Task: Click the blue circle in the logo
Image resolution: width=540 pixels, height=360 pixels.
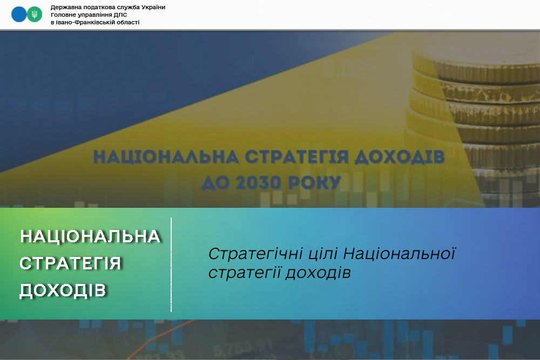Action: pos(19,15)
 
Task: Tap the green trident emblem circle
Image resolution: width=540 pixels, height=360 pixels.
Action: pos(35,15)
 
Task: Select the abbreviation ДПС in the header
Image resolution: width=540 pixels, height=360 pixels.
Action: pos(121,15)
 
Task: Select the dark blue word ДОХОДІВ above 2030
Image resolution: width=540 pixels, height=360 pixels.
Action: pos(400,157)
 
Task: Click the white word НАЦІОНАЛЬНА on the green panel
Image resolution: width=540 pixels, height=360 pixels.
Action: pos(90,236)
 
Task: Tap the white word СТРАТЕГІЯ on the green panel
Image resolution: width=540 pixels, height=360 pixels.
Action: pos(71,263)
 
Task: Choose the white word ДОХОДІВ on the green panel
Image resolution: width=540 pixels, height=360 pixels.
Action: pos(63,290)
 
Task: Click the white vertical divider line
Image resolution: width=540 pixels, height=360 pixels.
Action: pos(171,264)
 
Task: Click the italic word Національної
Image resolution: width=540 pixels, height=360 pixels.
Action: pos(399,254)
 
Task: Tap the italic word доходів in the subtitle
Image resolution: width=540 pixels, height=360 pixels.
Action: pos(318,273)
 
